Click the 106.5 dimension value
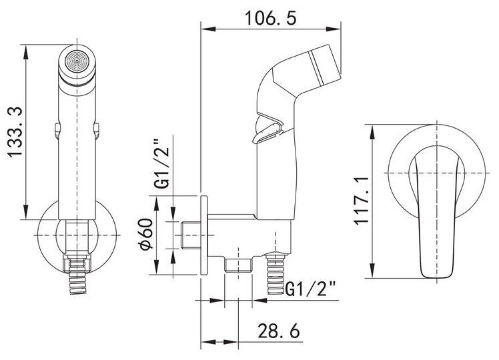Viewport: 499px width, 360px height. click(x=270, y=19)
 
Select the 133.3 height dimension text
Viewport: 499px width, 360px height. click(x=15, y=132)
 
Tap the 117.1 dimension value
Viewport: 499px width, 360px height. click(x=361, y=201)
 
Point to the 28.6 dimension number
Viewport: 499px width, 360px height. click(x=279, y=331)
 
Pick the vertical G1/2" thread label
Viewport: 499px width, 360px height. click(x=163, y=164)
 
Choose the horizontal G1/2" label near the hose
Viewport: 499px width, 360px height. click(x=311, y=289)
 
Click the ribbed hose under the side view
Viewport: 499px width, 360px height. click(x=276, y=273)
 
